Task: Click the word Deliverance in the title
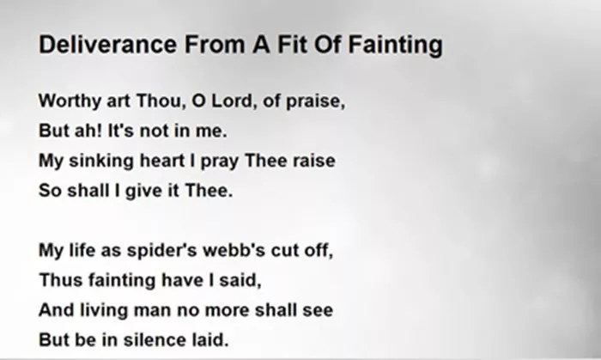click(x=107, y=44)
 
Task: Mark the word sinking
click(x=101, y=161)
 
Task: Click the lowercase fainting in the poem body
click(x=122, y=281)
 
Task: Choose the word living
click(x=104, y=310)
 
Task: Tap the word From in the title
click(x=215, y=44)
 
